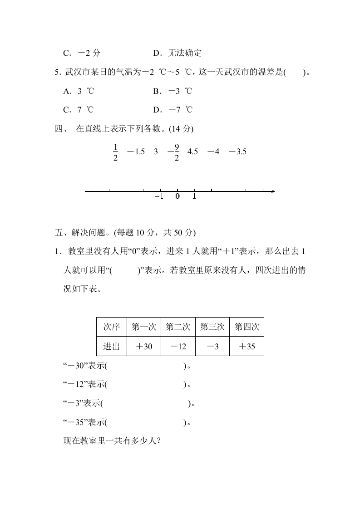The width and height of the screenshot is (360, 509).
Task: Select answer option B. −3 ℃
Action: point(173,91)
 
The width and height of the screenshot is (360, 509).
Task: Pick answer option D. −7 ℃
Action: point(173,110)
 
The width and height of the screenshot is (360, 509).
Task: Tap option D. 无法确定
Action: point(177,53)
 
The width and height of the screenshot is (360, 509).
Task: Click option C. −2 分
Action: point(82,53)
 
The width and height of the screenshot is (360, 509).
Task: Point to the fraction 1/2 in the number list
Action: point(115,152)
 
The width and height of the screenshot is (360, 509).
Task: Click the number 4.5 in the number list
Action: point(192,152)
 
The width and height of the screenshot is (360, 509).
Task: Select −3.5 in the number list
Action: point(237,152)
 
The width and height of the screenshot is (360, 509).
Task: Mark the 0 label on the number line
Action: point(178,196)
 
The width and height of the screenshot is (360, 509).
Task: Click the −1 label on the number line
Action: point(159,196)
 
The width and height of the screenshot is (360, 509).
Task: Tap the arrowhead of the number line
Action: point(272,191)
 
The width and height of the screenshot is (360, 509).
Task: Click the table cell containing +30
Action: point(144,347)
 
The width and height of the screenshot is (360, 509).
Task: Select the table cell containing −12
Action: point(178,347)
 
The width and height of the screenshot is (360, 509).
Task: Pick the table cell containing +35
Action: point(247,347)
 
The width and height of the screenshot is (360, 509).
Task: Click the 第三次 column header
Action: point(212,327)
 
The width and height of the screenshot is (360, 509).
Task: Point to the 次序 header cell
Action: point(112,327)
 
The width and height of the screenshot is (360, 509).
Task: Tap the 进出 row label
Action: point(112,347)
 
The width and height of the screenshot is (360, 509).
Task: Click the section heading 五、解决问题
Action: point(125,233)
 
